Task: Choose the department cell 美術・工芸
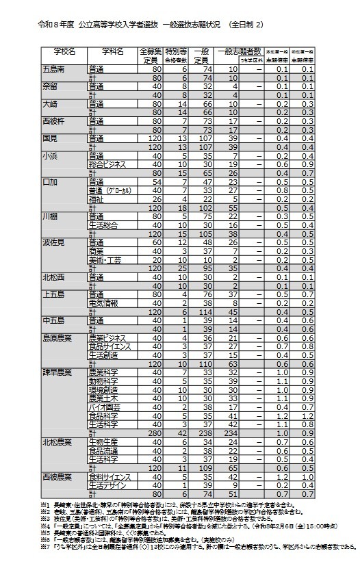105,260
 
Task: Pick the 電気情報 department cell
103,303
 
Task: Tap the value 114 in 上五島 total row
203,311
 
